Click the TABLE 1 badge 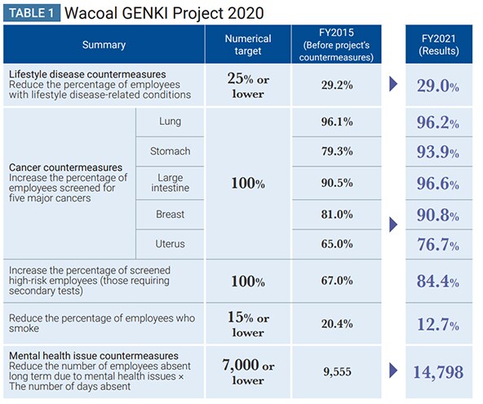tap(32, 13)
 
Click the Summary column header tap(104, 45)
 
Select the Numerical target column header tap(248, 45)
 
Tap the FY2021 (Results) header tap(439, 45)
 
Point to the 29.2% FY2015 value tap(337, 85)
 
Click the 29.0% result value tap(438, 86)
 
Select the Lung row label tap(170, 122)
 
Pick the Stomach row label tap(170, 151)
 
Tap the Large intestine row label tap(170, 183)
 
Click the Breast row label tap(170, 214)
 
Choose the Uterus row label tap(170, 244)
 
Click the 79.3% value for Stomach tap(337, 151)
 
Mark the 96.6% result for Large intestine tap(438, 184)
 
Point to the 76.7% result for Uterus tap(438, 245)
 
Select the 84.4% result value tap(438, 282)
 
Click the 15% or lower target tap(248, 325)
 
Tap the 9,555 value tap(337, 372)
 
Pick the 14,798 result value tap(438, 372)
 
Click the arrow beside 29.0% tap(393, 84)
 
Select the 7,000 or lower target tap(248, 372)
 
